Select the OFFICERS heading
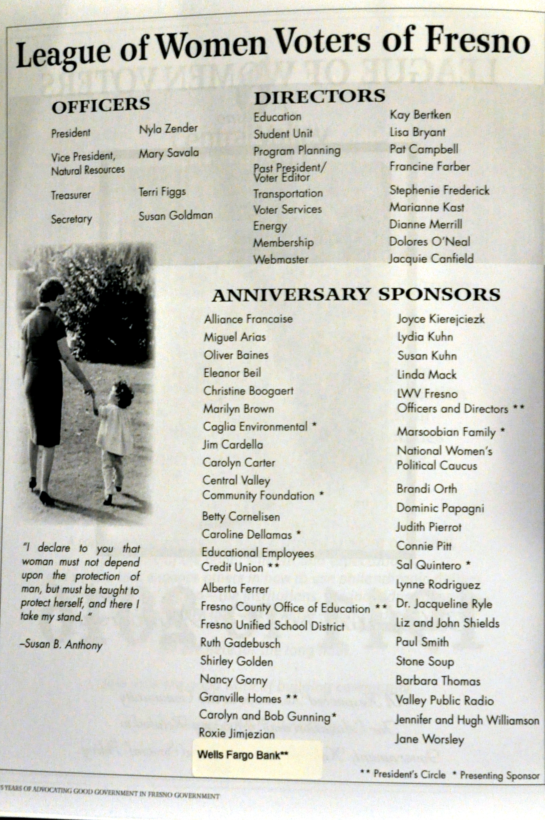101,105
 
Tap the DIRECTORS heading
320,97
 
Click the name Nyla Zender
168,129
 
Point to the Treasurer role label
71,195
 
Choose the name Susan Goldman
176,216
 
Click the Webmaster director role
280,259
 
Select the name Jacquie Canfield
431,259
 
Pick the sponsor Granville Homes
241,698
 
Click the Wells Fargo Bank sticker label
243,755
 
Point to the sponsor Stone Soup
425,661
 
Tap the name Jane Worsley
429,739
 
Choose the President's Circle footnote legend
403,775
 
